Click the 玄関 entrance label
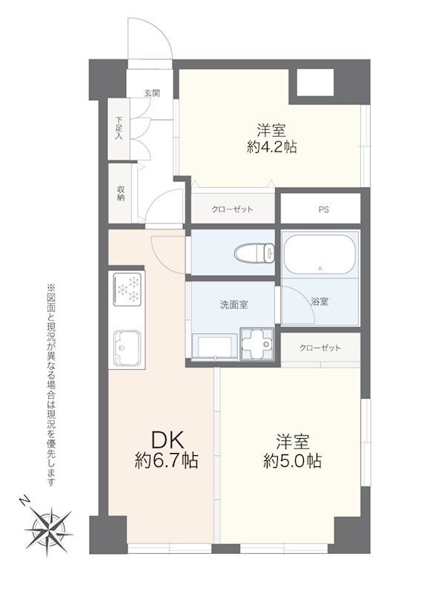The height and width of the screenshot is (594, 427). pyautogui.click(x=152, y=93)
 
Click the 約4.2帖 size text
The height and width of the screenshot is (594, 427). pyautogui.click(x=272, y=147)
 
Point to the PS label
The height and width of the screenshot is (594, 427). pyautogui.click(x=323, y=209)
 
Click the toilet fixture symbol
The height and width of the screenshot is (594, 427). pyautogui.click(x=254, y=254)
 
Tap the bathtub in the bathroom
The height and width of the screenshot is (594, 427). pyautogui.click(x=320, y=256)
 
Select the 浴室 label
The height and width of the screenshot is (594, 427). pyautogui.click(x=320, y=301)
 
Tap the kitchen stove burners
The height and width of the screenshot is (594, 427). pyautogui.click(x=129, y=290)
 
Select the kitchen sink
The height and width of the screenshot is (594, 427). pyautogui.click(x=129, y=347)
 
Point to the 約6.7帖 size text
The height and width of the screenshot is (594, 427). pyautogui.click(x=166, y=461)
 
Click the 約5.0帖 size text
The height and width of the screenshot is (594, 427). pyautogui.click(x=293, y=461)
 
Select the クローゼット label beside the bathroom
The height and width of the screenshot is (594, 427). pyautogui.click(x=320, y=348)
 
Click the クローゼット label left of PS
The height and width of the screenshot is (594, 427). pyautogui.click(x=232, y=209)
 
